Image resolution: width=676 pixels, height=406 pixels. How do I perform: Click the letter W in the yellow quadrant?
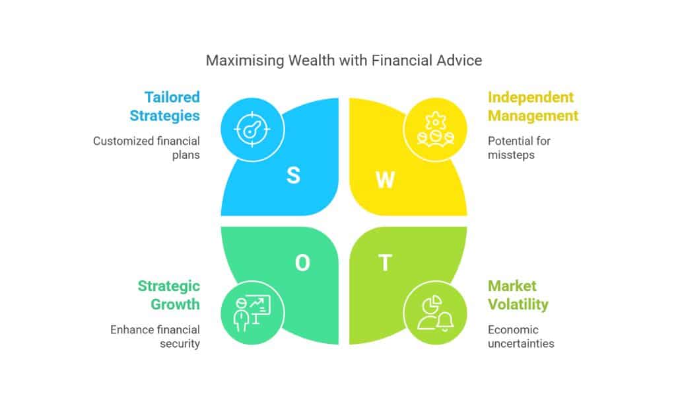pos(386,180)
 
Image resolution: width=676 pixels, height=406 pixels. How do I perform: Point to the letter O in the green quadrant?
pos(302,263)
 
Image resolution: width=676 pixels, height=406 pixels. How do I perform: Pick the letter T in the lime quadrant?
pos(384,263)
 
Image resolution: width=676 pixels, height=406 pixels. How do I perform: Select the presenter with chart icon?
pos(252,311)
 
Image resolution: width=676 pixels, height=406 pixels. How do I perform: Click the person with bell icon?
pos(435,311)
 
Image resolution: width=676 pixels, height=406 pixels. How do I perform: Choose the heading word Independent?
pos(531,97)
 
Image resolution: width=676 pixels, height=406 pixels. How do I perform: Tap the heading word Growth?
pos(175,304)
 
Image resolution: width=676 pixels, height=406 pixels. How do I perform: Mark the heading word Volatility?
pos(518,304)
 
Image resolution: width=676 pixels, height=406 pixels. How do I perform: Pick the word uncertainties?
pos(521,344)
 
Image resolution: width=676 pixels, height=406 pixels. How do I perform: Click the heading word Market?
pos(512,286)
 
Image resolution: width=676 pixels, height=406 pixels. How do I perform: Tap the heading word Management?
pos(533,116)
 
